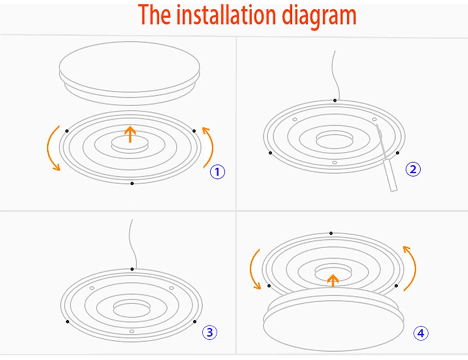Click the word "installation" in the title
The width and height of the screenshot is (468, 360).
pyautogui.click(x=228, y=16)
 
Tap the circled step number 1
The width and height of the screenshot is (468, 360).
pyautogui.click(x=217, y=172)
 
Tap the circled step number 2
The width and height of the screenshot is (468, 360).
pyautogui.click(x=413, y=169)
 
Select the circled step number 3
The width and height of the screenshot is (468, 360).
pyautogui.click(x=209, y=332)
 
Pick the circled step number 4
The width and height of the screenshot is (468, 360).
pyautogui.click(x=421, y=333)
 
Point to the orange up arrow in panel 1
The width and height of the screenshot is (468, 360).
pyautogui.click(x=130, y=135)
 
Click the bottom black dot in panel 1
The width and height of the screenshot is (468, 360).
pyautogui.click(x=132, y=184)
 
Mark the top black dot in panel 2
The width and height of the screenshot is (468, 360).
pyautogui.click(x=335, y=100)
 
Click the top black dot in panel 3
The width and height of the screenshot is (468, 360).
pyautogui.click(x=132, y=269)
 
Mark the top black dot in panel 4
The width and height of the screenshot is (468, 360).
pyautogui.click(x=331, y=234)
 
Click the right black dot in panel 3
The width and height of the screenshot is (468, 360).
pyautogui.click(x=195, y=322)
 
